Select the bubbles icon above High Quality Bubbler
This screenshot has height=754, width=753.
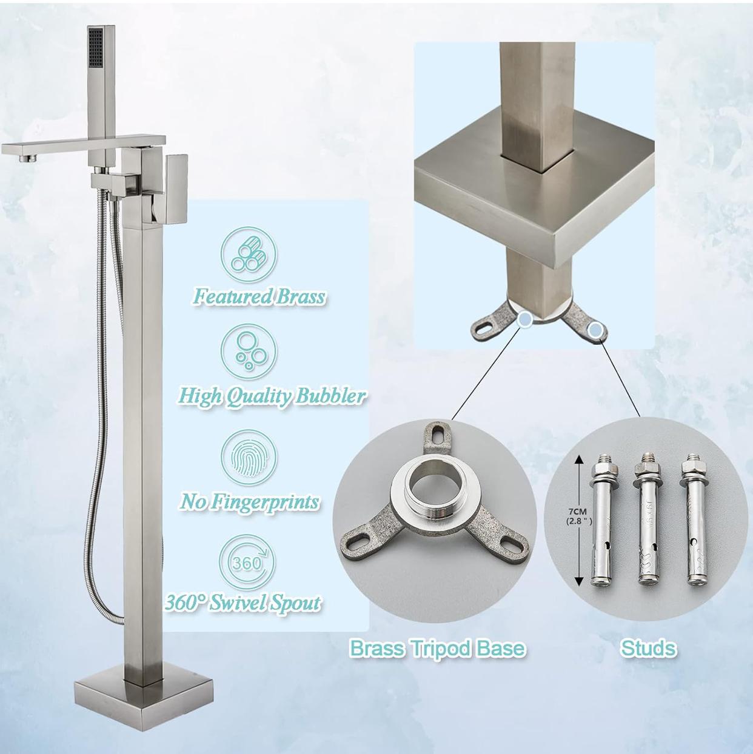pos(249,351)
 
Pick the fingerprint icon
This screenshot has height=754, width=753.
pos(249,455)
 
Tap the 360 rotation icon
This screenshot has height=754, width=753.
pos(249,561)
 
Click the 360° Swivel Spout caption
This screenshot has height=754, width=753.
pos(243,603)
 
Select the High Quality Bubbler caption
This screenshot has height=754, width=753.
pos(271,396)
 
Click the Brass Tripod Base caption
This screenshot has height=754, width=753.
pos(437,648)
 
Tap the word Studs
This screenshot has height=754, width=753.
pos(648,648)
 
